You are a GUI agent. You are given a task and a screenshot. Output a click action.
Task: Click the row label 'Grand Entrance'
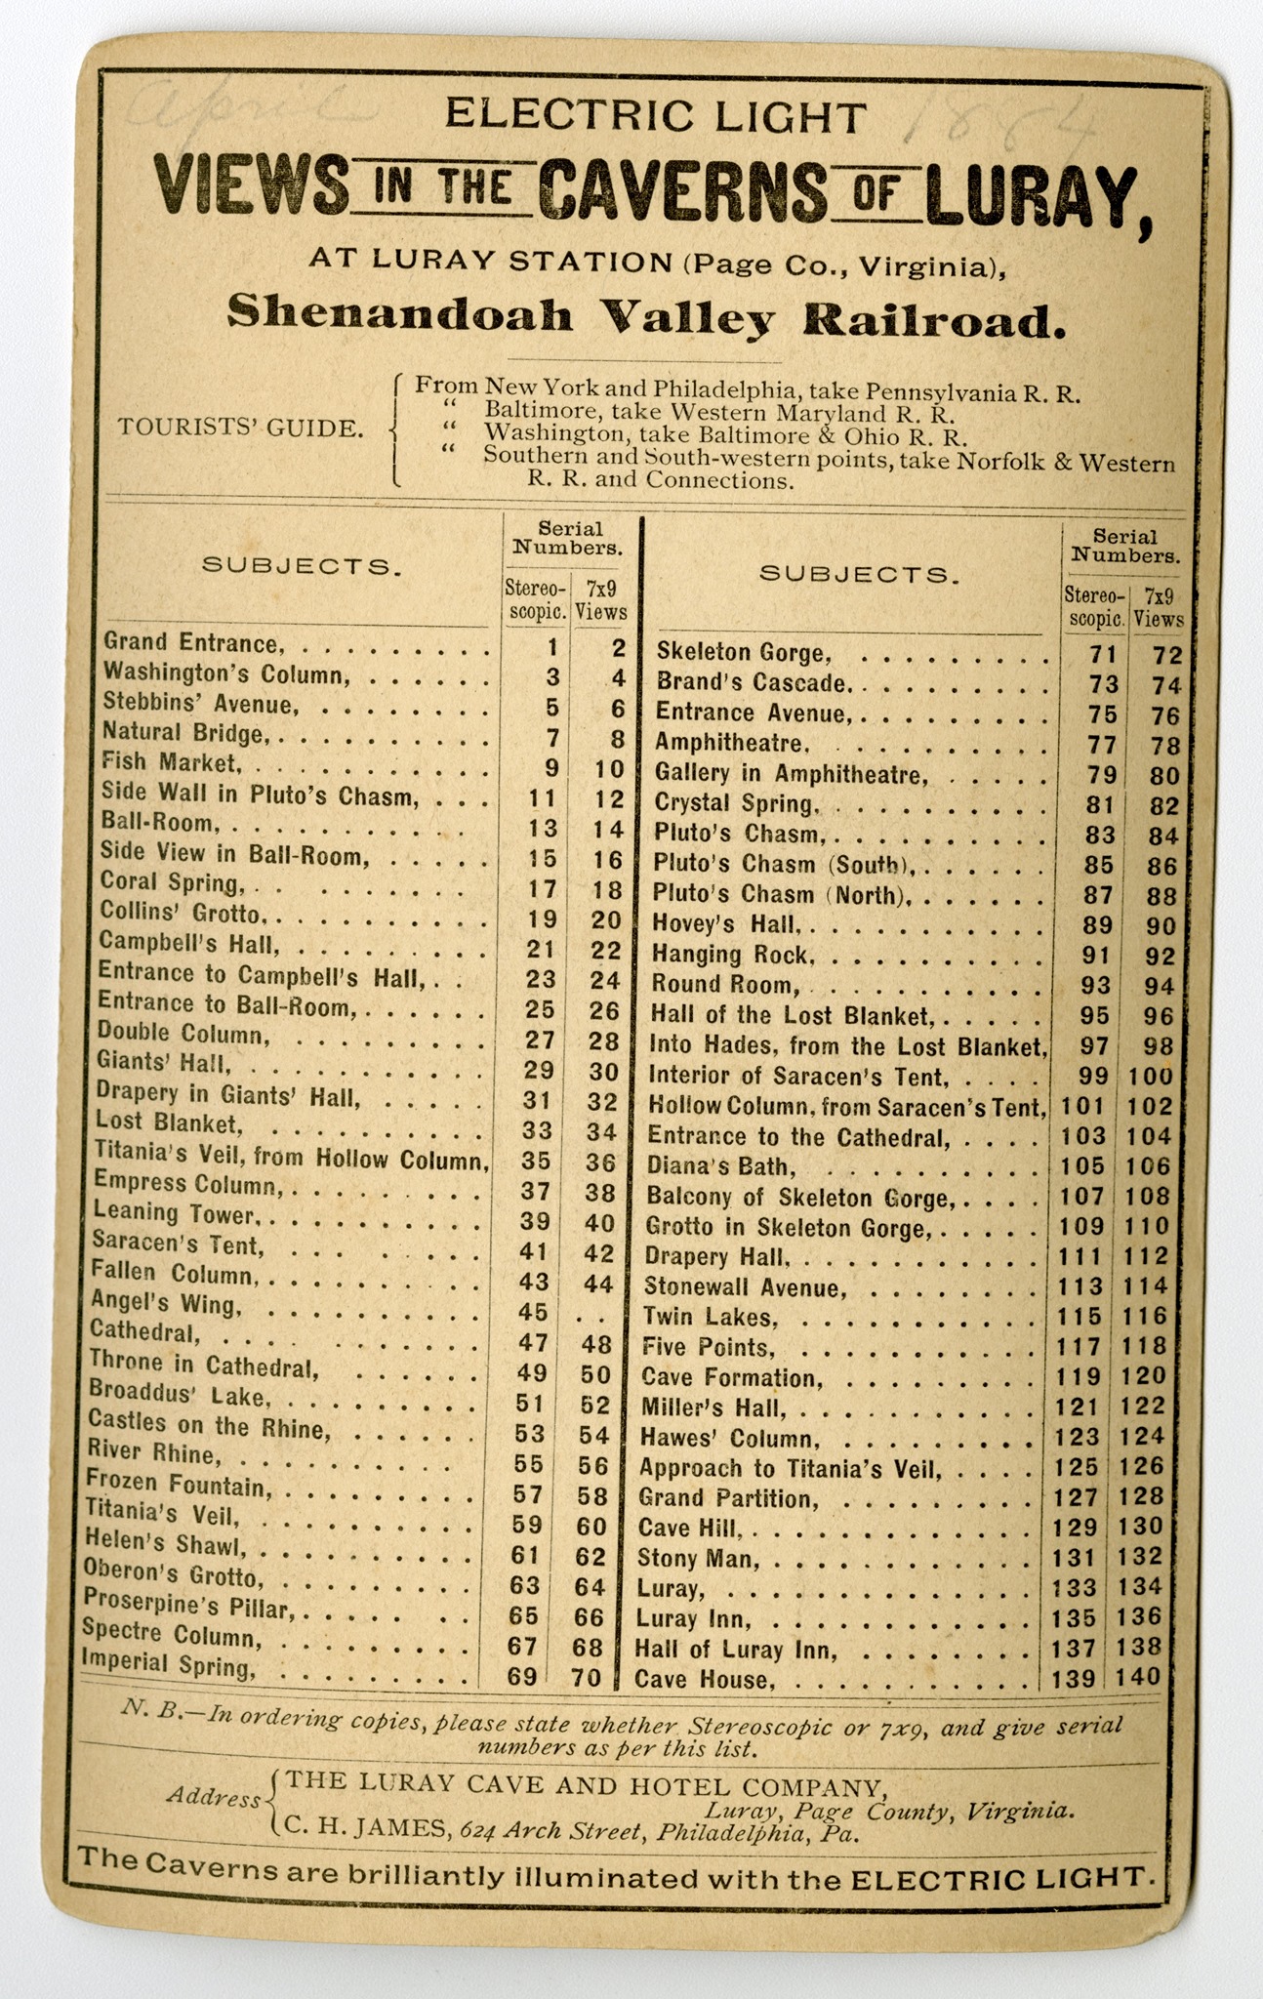(193, 643)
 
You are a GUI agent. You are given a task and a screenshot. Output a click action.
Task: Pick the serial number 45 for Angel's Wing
(536, 1314)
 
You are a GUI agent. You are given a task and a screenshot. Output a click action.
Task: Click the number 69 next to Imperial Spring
(523, 1678)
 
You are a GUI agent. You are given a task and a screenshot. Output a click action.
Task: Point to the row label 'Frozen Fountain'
(178, 1485)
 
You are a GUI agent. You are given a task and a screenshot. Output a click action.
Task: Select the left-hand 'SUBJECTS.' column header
(302, 567)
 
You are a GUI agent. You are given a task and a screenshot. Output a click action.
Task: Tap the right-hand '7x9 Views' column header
(1159, 605)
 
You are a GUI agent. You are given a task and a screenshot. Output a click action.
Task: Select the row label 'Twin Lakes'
(709, 1318)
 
